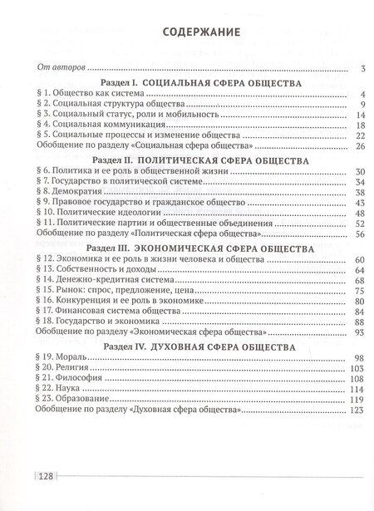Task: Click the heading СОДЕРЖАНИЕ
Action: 192,33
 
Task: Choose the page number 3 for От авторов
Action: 362,69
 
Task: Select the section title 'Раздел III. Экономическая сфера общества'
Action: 192,249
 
